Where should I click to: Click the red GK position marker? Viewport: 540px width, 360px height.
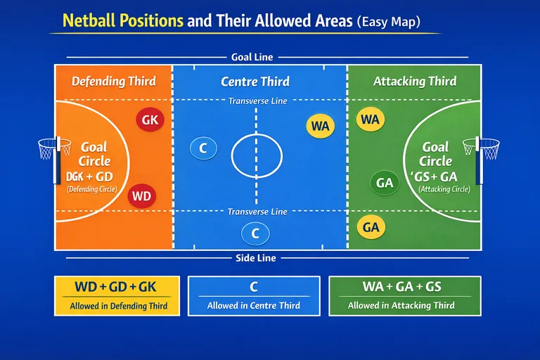point(150,120)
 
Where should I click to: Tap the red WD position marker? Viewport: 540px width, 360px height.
point(141,196)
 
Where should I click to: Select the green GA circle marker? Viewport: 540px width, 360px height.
point(385,183)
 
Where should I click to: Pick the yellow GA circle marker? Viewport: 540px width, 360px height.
point(371,227)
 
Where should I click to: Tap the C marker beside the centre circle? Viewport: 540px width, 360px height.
point(203,148)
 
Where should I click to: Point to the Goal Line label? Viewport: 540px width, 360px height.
point(252,57)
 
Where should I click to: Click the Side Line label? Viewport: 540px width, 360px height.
point(254,258)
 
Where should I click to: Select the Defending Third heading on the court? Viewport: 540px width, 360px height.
point(114,82)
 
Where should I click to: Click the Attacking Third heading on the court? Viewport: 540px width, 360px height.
point(414,82)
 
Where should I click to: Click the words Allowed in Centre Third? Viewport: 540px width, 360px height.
point(254,306)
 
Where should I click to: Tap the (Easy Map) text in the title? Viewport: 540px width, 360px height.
point(388,22)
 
